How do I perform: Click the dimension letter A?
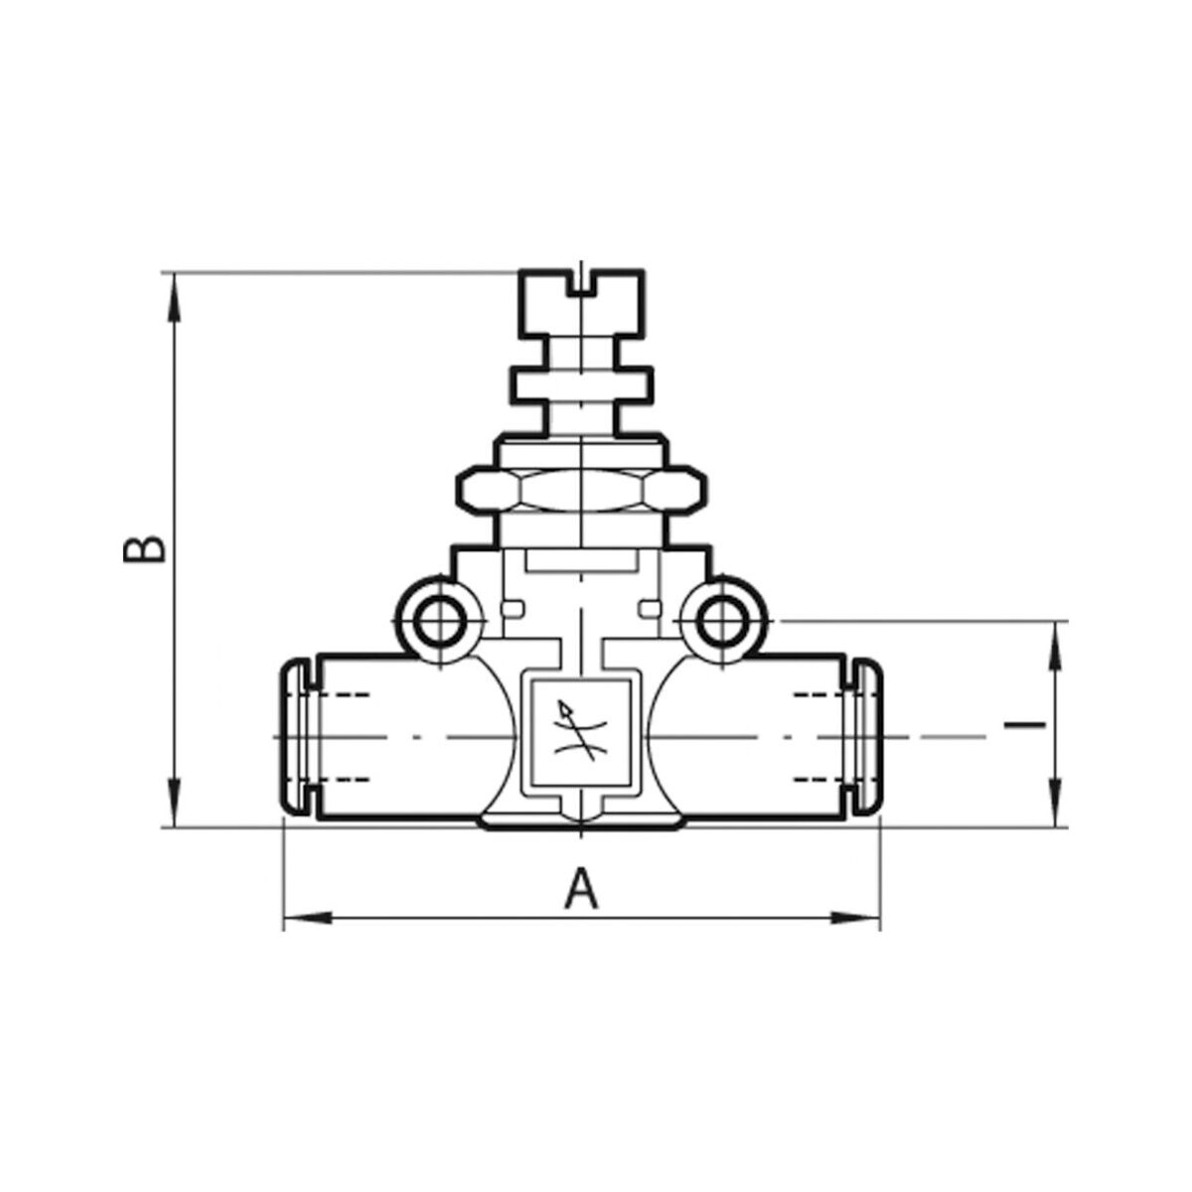581,888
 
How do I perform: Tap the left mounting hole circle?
438,621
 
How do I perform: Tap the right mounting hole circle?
724,621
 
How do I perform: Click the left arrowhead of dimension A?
306,935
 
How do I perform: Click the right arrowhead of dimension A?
855,935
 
